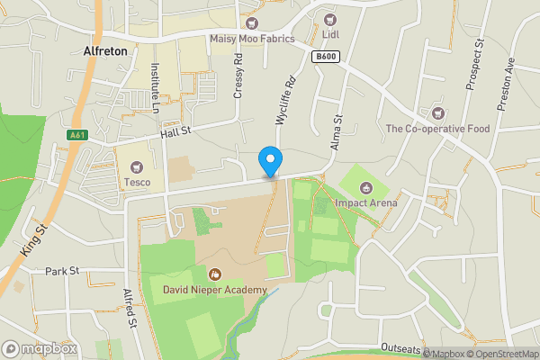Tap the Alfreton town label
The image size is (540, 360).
pyautogui.click(x=103, y=51)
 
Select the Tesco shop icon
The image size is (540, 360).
pyautogui.click(x=137, y=166)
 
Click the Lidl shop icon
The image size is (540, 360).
pyautogui.click(x=329, y=20)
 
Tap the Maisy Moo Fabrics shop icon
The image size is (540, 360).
pyautogui.click(x=252, y=22)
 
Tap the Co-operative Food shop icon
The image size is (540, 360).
pyautogui.click(x=437, y=113)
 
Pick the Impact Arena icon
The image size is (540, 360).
pyautogui.click(x=366, y=187)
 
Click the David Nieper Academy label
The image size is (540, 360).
pyautogui.click(x=215, y=290)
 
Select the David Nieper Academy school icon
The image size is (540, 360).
pyautogui.click(x=215, y=273)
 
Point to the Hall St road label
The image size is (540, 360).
pyautogui.click(x=176, y=132)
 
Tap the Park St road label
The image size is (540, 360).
pyautogui.click(x=63, y=270)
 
